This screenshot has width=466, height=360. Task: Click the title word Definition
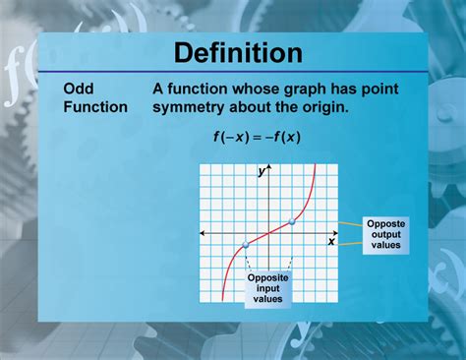pyautogui.click(x=232, y=51)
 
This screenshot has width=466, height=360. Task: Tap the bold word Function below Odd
pyautogui.click(x=95, y=106)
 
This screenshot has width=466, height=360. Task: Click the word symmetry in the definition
pyautogui.click(x=193, y=106)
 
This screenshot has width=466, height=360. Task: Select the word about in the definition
pyautogui.click(x=255, y=106)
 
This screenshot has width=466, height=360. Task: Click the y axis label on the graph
pyautogui.click(x=262, y=171)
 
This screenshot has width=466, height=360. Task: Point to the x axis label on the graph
pyautogui.click(x=331, y=242)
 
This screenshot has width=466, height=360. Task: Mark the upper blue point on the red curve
pyautogui.click(x=291, y=221)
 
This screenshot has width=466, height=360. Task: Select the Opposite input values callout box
pyautogui.click(x=266, y=287)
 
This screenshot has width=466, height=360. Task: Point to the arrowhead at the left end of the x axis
pyautogui.click(x=203, y=233)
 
